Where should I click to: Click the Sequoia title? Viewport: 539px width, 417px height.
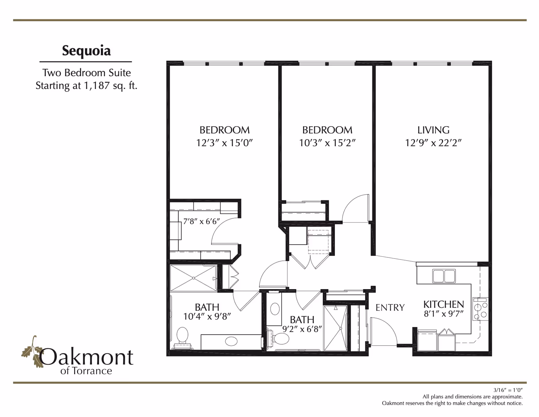point(86,51)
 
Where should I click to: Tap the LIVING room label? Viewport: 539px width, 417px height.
point(433,130)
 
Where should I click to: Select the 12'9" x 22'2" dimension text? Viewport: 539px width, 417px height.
point(433,143)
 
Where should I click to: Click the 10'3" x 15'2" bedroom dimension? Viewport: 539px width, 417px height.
point(327,143)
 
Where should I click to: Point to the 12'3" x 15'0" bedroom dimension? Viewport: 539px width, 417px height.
point(224,143)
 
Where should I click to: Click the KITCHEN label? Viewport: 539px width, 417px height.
point(443,304)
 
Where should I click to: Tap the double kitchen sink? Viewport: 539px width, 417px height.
point(444,276)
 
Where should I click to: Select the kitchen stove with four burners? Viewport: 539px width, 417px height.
point(480,309)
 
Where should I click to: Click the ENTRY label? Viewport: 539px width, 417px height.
point(390,307)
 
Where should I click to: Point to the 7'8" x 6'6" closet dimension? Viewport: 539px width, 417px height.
point(201,221)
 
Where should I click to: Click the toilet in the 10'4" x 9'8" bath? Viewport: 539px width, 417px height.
point(183,336)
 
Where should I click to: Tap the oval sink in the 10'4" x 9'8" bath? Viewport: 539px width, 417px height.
point(231,341)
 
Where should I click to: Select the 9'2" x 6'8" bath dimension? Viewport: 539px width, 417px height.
point(302,329)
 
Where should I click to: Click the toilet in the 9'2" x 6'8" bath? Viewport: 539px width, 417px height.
point(280,338)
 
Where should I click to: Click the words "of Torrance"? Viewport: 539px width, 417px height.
point(86,371)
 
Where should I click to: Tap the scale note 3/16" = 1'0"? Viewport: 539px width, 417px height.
point(508,390)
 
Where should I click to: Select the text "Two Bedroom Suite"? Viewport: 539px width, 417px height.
point(86,73)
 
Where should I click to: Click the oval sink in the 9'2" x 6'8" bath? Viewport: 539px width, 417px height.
point(275,309)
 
